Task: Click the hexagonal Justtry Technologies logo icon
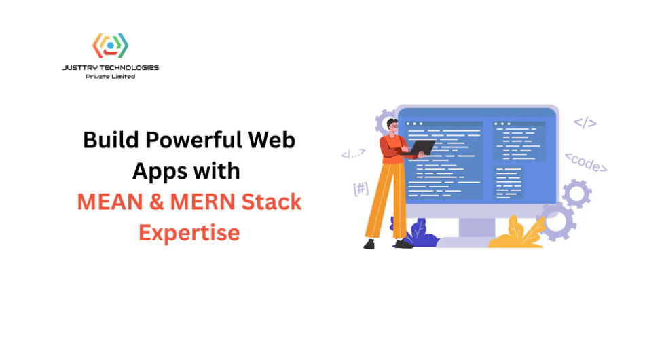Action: tap(110, 46)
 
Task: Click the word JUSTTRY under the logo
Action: tap(80, 67)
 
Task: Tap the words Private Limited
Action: tap(110, 77)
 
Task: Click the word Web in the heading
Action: tap(272, 140)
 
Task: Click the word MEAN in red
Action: tap(110, 202)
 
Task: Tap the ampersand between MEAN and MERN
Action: tap(156, 202)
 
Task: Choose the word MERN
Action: tap(202, 202)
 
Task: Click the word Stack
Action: tap(272, 202)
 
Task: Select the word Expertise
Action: tap(189, 233)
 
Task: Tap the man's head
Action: tap(392, 126)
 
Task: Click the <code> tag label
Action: tap(586, 162)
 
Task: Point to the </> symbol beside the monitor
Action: tap(585, 123)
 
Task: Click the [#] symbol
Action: tap(361, 189)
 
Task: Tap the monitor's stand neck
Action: tap(477, 227)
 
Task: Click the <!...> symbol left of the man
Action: tap(353, 154)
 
